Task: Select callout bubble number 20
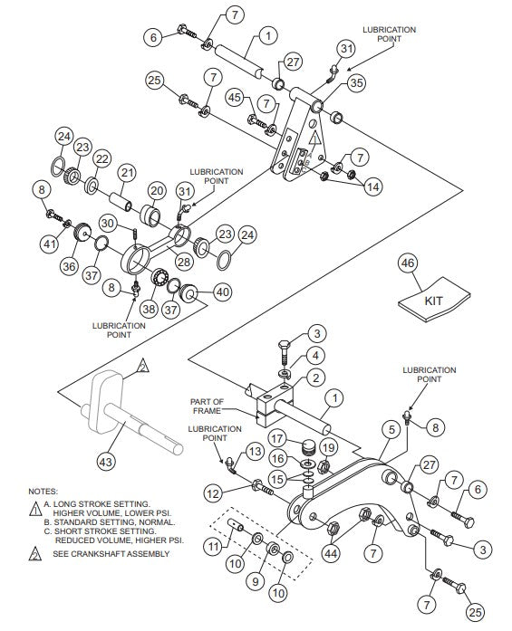(x=156, y=191)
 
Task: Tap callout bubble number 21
(x=126, y=172)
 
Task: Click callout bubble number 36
(x=70, y=268)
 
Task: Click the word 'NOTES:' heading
(x=43, y=492)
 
